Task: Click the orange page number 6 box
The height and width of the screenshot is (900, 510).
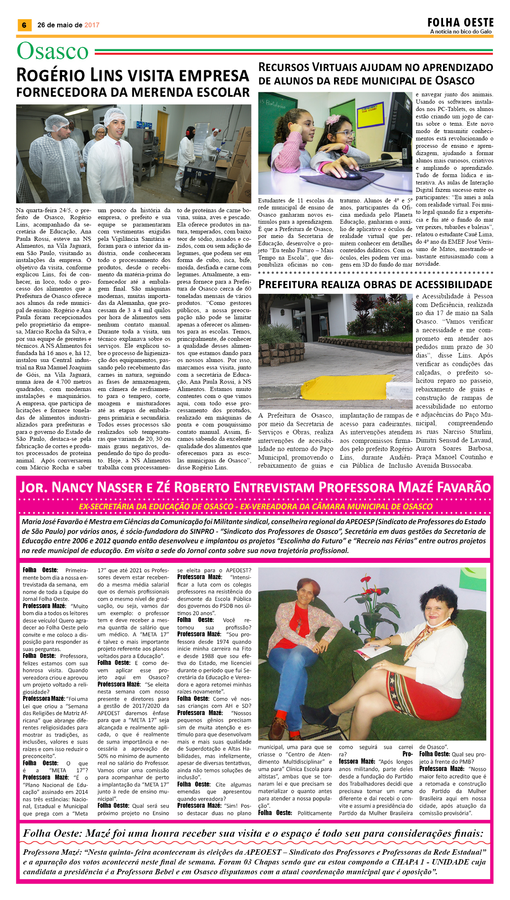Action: pyautogui.click(x=24, y=25)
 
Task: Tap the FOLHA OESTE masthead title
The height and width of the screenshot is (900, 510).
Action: pyautogui.click(x=460, y=22)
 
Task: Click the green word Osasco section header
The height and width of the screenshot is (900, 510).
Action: pyautogui.click(x=53, y=51)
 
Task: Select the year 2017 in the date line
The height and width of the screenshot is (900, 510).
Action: pyautogui.click(x=92, y=25)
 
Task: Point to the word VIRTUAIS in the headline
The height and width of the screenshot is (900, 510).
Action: pyautogui.click(x=342, y=67)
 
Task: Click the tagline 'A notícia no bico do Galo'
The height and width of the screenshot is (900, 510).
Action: pyautogui.click(x=461, y=32)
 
